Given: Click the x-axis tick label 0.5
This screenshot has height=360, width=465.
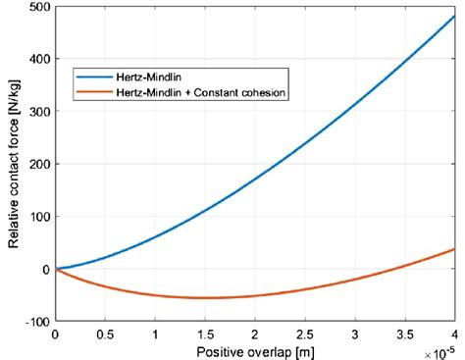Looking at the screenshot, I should [x=105, y=334].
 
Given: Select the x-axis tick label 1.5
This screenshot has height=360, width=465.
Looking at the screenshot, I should [x=205, y=334].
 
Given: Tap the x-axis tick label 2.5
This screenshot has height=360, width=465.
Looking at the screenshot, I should [x=305, y=334].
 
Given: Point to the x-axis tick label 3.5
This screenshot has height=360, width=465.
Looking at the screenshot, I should [x=405, y=334].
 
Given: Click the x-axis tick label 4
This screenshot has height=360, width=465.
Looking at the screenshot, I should [x=454, y=334].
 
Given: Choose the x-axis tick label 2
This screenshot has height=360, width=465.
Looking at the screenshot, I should [x=255, y=334].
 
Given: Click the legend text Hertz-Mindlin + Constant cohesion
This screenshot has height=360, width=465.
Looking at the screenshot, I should [x=193, y=93].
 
